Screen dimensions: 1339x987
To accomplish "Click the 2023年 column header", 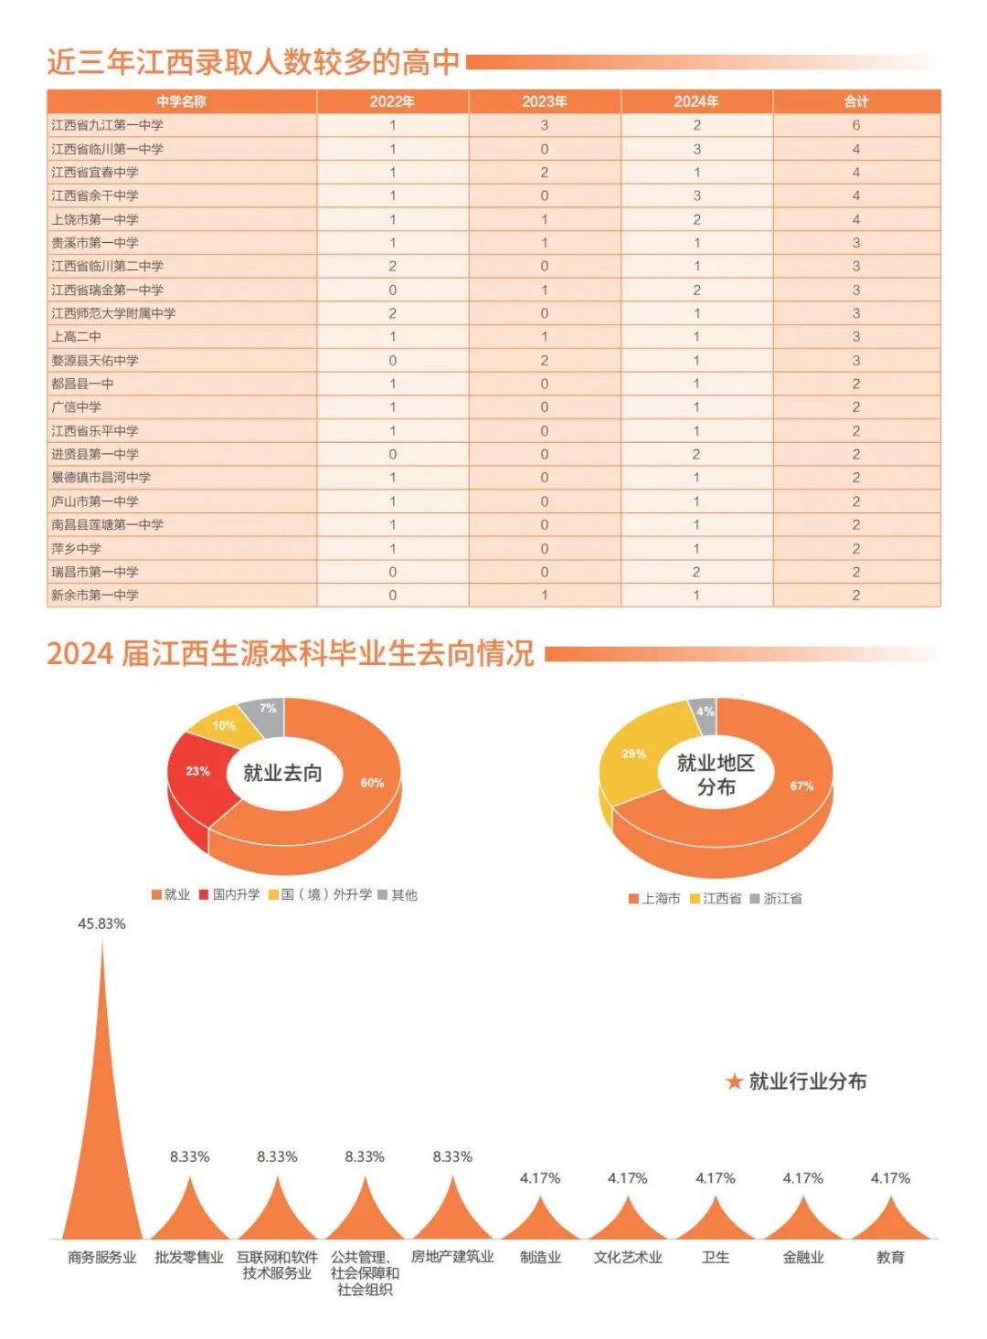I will click(545, 101).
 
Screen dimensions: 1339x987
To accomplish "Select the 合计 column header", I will click(856, 101).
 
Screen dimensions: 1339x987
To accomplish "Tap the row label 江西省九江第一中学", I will click(108, 125).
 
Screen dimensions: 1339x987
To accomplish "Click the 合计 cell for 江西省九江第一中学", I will click(856, 125).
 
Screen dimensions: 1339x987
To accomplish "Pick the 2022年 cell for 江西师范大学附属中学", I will click(393, 313).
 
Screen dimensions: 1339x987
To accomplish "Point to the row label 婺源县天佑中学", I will click(95, 361).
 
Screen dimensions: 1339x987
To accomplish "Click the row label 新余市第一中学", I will click(95, 596).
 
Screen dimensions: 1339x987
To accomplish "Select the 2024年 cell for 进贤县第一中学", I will click(696, 455).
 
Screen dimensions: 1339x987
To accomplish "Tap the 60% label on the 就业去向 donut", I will click(372, 783).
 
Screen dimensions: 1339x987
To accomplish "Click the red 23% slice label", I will click(198, 771).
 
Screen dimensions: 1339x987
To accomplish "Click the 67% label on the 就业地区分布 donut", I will click(801, 785).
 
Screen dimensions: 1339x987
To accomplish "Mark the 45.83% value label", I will click(101, 924).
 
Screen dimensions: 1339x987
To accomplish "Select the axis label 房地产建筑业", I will click(452, 1258).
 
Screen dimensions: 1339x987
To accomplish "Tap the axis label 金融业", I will click(803, 1258).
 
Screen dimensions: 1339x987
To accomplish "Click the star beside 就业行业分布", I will click(734, 1082).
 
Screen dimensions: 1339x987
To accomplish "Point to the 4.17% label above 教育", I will click(890, 1179).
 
